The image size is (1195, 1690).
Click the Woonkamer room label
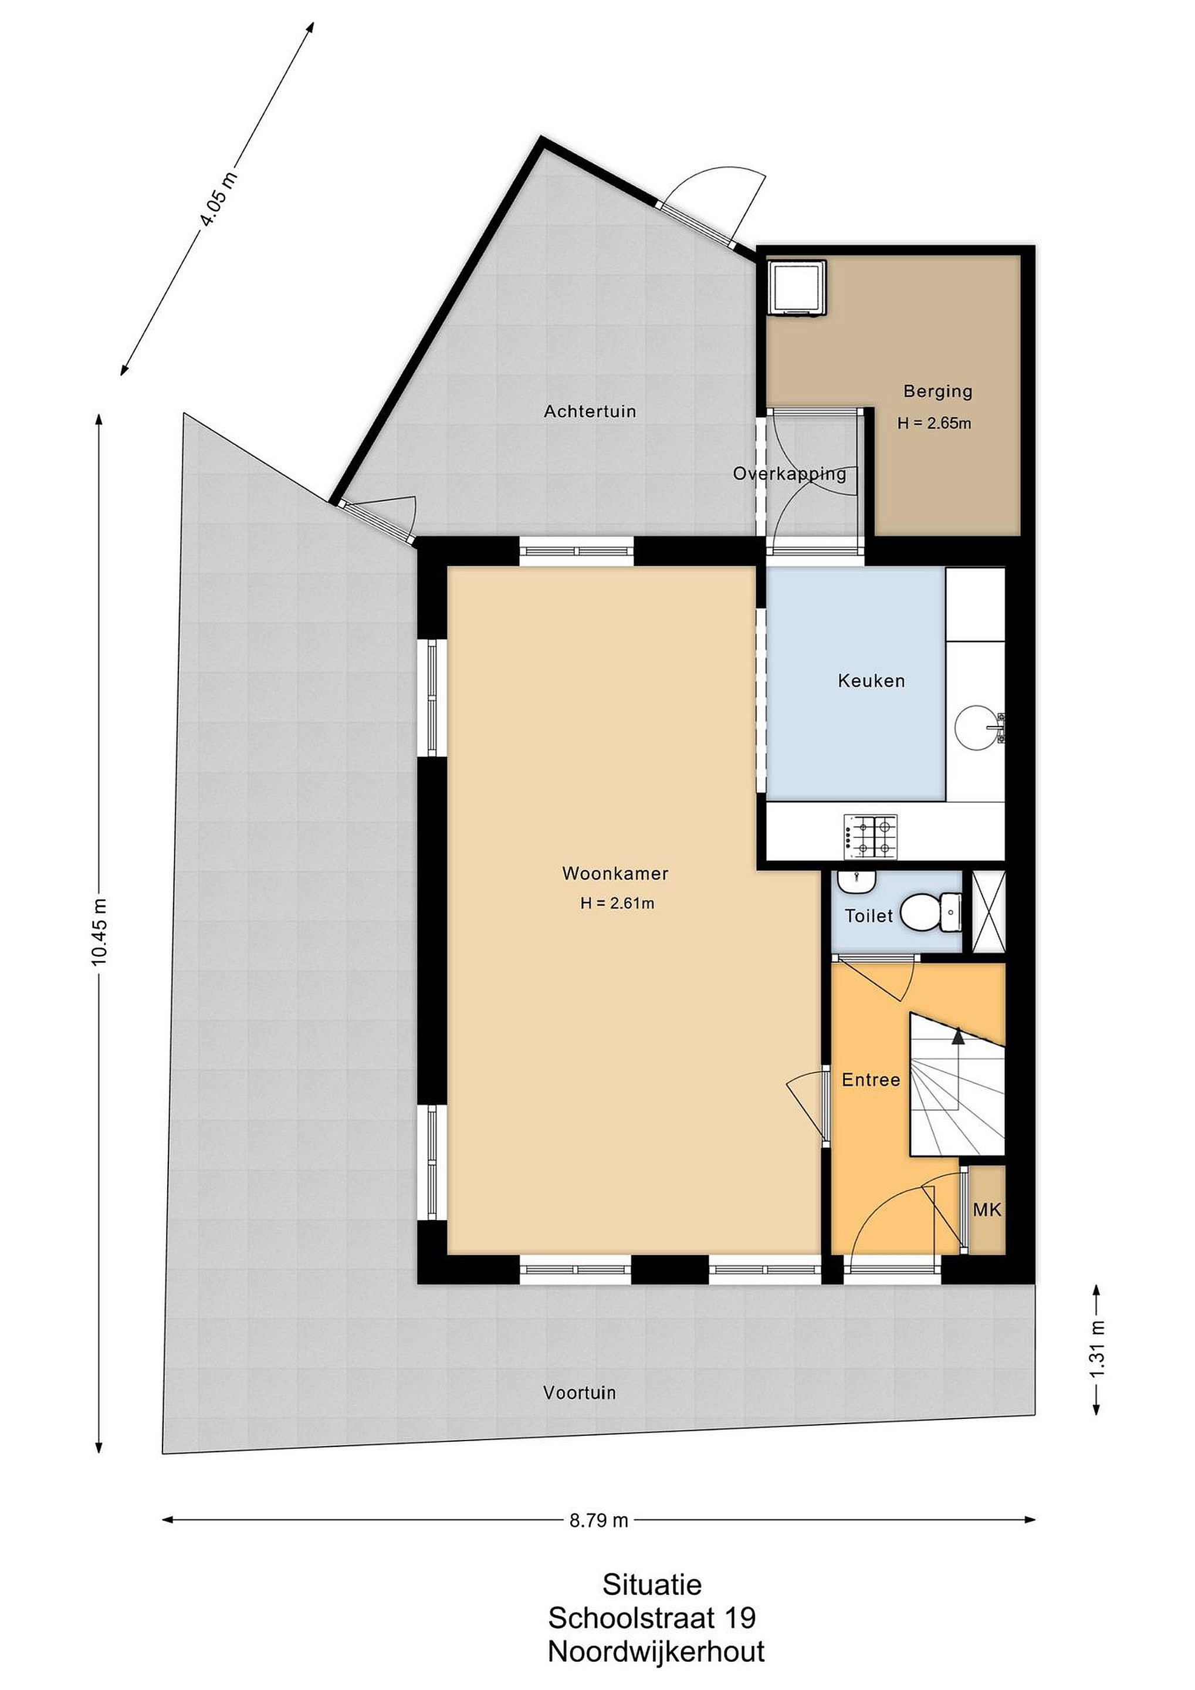tap(615, 874)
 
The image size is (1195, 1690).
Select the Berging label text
tap(937, 391)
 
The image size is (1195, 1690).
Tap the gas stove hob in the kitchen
tap(871, 836)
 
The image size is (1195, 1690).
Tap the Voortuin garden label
tap(580, 1392)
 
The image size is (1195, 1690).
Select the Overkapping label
tap(790, 474)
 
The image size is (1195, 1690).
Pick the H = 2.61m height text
tap(617, 903)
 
